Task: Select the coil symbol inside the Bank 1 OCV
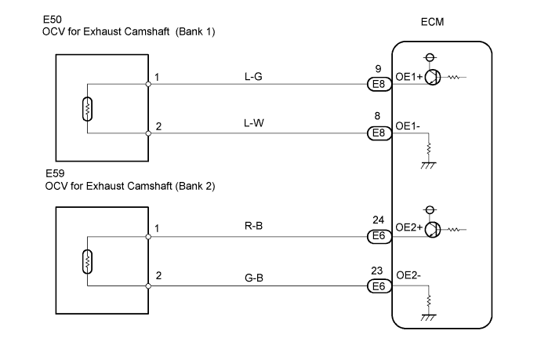88,108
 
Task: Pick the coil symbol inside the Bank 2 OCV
88,260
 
